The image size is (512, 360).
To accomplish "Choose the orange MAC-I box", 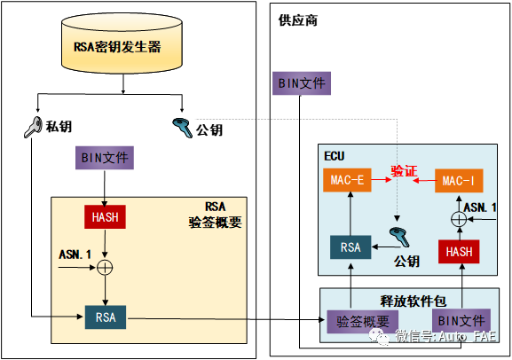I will pyautogui.click(x=459, y=181).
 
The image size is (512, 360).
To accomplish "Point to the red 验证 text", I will pyautogui.click(x=404, y=170).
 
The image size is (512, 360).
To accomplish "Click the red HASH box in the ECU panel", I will pyautogui.click(x=459, y=251).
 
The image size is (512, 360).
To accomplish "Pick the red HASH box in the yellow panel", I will pyautogui.click(x=106, y=216).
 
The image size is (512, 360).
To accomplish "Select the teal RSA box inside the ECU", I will pyautogui.click(x=351, y=247).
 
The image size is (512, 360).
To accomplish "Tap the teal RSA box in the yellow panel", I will pyautogui.click(x=106, y=316).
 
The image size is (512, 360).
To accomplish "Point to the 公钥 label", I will pyautogui.click(x=406, y=261).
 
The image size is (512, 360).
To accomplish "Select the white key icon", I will pyautogui.click(x=34, y=127).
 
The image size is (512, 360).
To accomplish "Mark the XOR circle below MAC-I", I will pyautogui.click(x=459, y=218).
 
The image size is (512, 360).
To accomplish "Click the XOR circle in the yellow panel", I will pyautogui.click(x=106, y=265).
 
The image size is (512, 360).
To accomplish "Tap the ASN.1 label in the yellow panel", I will pyautogui.click(x=75, y=254).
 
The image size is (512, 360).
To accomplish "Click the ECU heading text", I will pyautogui.click(x=334, y=155).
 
